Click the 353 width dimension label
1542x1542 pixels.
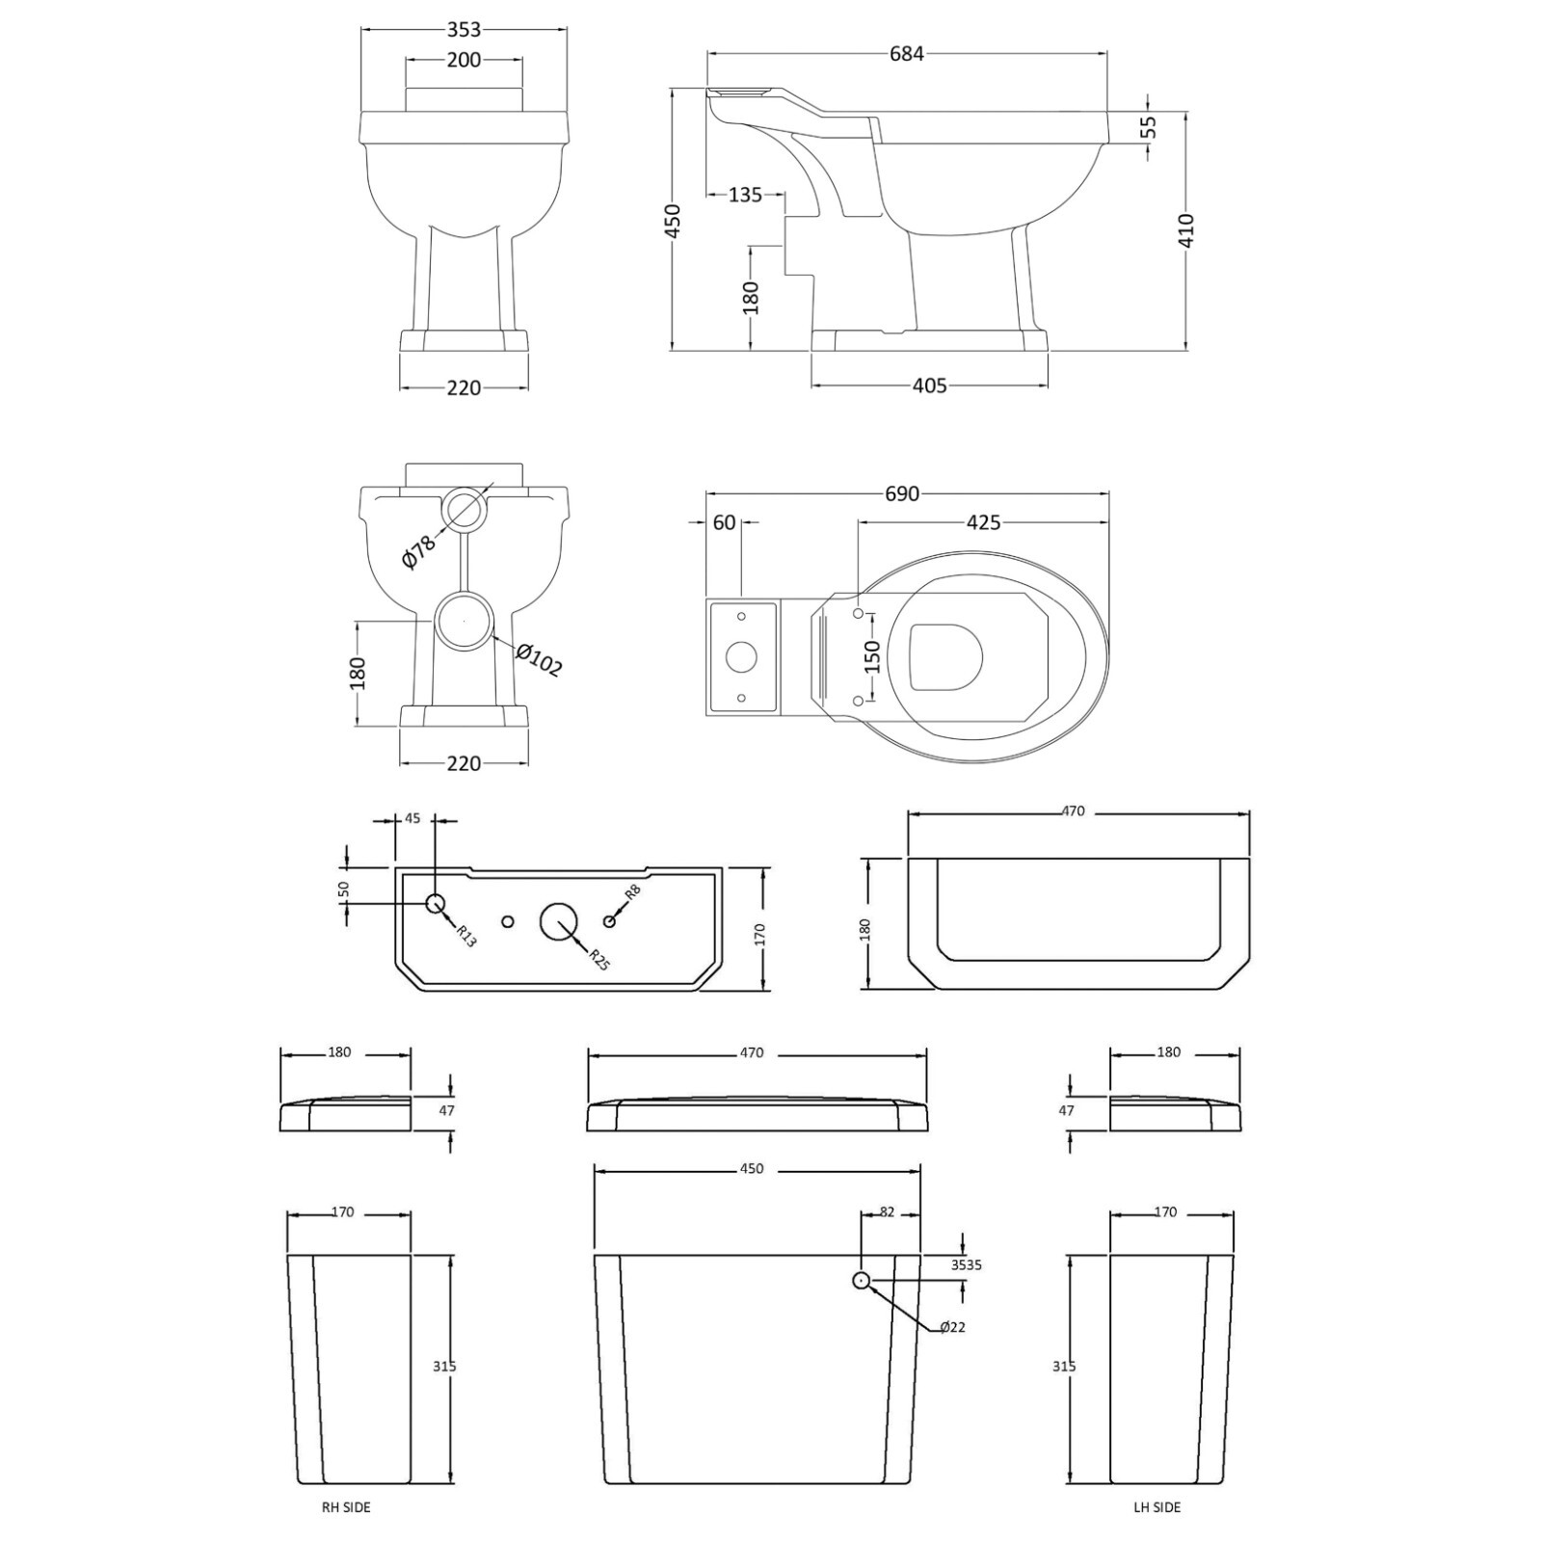(x=464, y=30)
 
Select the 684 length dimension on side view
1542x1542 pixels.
(x=906, y=54)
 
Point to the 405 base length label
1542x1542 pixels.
(x=929, y=386)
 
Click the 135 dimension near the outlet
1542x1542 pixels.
(x=745, y=196)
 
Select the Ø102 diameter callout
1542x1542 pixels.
(x=539, y=660)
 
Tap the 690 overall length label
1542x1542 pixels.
(x=902, y=493)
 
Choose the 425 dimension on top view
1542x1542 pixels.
(x=983, y=522)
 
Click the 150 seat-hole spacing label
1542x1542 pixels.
(x=872, y=657)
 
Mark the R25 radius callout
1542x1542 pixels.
(x=598, y=959)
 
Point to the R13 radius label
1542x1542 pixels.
(x=466, y=936)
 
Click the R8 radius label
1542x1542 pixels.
(x=632, y=892)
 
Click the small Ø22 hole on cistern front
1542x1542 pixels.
(x=861, y=1280)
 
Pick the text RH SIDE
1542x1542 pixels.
(x=345, y=1507)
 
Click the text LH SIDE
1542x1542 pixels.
(x=1156, y=1507)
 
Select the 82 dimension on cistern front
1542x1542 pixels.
(x=888, y=1212)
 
